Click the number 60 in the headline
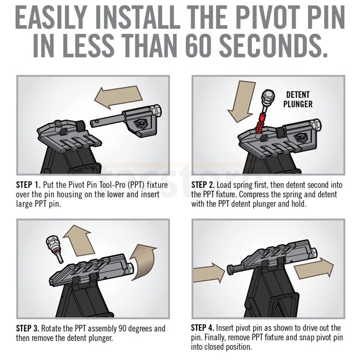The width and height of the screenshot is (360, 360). point(198,45)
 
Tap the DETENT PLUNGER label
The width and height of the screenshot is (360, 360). point(298,99)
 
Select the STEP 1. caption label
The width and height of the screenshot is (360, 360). point(28,185)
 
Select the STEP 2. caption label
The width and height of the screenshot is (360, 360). point(203,185)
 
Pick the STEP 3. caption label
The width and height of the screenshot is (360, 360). point(28,328)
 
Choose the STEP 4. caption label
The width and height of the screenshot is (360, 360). point(202,328)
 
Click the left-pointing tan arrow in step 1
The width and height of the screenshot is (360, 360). point(119,97)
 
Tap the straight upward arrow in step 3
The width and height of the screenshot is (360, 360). point(79,240)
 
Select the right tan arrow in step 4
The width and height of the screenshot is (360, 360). point(313,268)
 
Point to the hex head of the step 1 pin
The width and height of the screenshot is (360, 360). point(156,111)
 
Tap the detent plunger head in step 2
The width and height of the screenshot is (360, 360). point(268,96)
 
